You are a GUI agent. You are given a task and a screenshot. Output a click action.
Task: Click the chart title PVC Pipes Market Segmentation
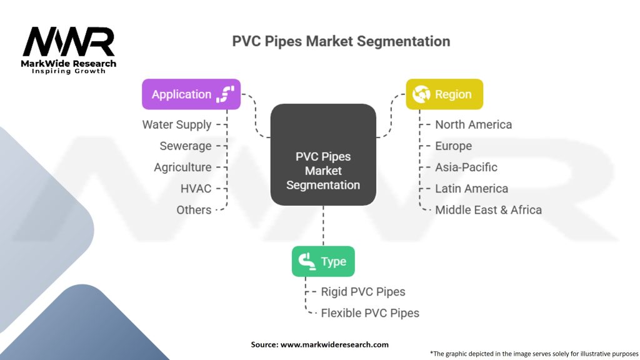click(x=341, y=42)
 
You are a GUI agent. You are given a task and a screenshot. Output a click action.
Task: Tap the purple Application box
click(x=191, y=94)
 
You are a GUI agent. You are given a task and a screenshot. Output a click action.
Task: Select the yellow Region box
click(x=444, y=94)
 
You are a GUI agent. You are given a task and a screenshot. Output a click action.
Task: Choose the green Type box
click(x=323, y=261)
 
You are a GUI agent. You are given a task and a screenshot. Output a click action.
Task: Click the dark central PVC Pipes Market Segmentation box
click(x=323, y=155)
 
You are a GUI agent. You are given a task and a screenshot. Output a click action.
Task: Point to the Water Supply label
click(x=177, y=124)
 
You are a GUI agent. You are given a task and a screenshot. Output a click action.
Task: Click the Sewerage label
click(x=186, y=146)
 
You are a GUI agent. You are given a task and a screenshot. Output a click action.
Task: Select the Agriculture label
click(x=182, y=167)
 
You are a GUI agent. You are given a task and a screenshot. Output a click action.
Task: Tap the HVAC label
click(x=196, y=188)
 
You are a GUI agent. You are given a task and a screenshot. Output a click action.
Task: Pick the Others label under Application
click(x=194, y=209)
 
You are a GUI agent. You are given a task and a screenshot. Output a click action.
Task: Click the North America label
click(x=473, y=124)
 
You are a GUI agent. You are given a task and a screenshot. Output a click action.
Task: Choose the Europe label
click(x=453, y=146)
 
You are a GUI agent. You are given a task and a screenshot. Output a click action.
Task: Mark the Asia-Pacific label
click(x=466, y=167)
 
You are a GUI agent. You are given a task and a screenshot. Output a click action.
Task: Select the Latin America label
click(x=471, y=188)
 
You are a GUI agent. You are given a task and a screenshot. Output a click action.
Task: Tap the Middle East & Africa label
click(x=488, y=209)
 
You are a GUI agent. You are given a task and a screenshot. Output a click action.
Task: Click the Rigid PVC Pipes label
click(x=362, y=291)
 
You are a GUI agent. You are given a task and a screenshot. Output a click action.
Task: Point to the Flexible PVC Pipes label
click(x=370, y=312)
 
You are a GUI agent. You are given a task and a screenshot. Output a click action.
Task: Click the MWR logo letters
click(x=69, y=42)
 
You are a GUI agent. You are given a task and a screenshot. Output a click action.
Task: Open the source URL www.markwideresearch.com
click(x=334, y=344)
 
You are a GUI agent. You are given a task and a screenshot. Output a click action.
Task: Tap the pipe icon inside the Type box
click(x=307, y=261)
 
